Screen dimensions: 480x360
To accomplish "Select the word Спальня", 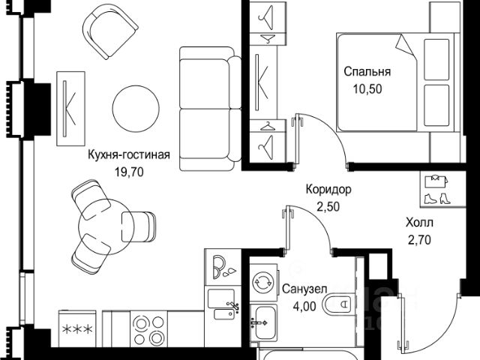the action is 367,72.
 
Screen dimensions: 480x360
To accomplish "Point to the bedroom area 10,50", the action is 367,88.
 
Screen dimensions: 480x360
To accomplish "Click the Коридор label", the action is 328,190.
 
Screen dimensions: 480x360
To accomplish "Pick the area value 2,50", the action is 328,205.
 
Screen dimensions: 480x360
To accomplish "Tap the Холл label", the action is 419,223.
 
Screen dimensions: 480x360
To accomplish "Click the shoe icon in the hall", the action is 434,199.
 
